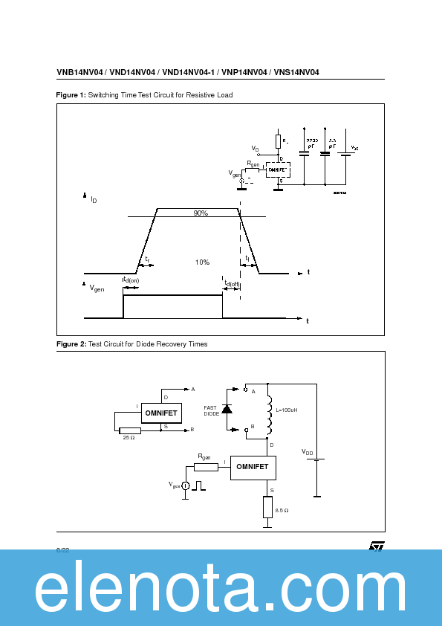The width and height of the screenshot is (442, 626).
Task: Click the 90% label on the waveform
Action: [x=201, y=213]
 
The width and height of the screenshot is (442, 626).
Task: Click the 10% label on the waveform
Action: [x=202, y=262]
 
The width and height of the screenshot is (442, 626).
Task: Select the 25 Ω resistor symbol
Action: [x=130, y=430]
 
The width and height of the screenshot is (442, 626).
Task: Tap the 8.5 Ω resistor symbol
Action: [x=267, y=509]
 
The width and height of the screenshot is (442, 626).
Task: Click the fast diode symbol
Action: [x=227, y=408]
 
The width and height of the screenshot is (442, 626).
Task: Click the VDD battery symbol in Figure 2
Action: [x=316, y=459]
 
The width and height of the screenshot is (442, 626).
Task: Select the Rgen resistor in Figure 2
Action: [x=205, y=467]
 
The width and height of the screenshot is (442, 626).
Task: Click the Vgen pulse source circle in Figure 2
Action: [x=186, y=485]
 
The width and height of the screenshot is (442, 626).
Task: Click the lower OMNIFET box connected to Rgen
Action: [x=253, y=467]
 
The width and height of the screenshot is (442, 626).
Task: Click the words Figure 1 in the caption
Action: [x=71, y=95]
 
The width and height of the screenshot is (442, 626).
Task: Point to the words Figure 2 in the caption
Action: [x=71, y=344]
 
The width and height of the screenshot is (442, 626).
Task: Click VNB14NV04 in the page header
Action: [x=80, y=73]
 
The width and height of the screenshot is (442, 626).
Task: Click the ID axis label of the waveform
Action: [x=94, y=199]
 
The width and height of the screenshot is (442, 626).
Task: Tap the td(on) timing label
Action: [x=131, y=280]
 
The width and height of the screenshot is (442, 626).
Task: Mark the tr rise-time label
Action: [x=148, y=259]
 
